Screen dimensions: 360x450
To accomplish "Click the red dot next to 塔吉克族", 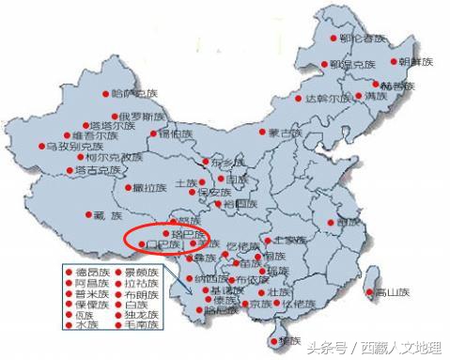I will pos(70,171).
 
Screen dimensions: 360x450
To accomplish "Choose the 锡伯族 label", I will pos(175,134).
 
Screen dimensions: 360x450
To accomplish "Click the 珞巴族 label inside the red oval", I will pos(178,232).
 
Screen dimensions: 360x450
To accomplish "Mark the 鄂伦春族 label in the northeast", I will pos(365,39).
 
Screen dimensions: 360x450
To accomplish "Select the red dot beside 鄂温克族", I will pos(334,65).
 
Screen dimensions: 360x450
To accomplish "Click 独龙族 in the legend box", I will pos(130,315).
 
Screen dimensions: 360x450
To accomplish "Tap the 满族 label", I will pos(376,96).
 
